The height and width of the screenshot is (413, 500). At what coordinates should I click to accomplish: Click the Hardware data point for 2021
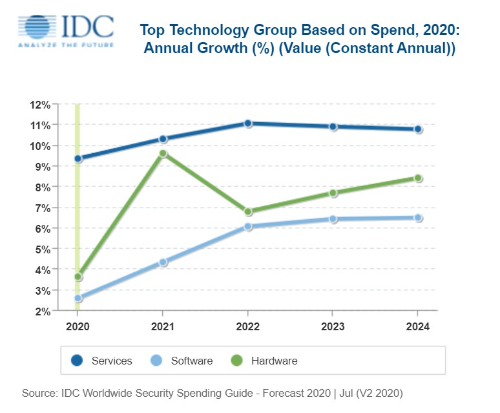pos(163,153)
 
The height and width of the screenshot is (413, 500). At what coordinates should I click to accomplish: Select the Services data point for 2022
pos(248,123)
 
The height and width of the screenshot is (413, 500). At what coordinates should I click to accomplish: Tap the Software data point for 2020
pos(78,298)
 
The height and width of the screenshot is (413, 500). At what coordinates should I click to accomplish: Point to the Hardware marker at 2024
pos(418,178)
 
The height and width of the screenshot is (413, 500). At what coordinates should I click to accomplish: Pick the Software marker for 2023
pos(333,218)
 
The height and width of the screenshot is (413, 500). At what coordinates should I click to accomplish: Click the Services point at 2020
pos(78,158)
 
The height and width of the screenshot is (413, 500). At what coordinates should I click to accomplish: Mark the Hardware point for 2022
pos(248,211)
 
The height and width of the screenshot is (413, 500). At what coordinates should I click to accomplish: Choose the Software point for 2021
pos(163,262)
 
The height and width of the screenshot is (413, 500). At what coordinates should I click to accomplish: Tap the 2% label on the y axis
pos(42,312)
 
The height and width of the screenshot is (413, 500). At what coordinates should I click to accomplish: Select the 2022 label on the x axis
pos(248,326)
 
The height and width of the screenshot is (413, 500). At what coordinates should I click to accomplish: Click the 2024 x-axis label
pos(418,326)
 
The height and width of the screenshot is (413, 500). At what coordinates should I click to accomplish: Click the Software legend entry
pos(182,361)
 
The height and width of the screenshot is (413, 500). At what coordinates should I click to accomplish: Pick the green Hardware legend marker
pos(238,361)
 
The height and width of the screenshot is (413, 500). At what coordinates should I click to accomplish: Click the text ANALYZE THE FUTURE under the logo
pos(65,45)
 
